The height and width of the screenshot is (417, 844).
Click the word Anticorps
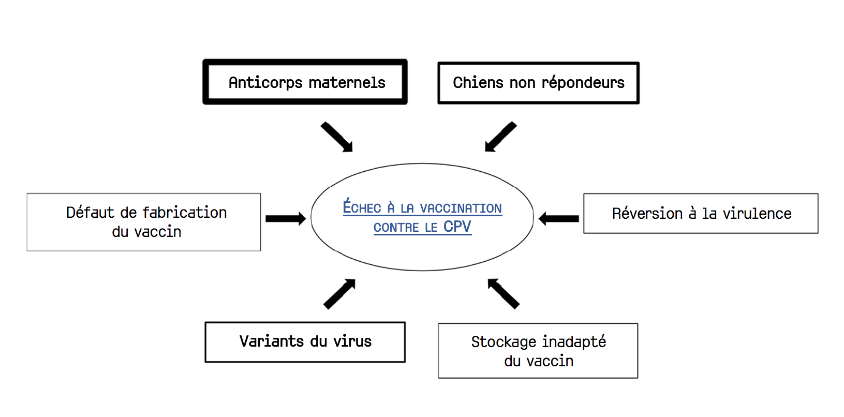(x=265, y=83)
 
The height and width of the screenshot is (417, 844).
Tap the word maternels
(x=347, y=82)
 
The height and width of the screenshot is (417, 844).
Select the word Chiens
(x=478, y=82)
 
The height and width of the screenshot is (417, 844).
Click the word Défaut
(x=90, y=212)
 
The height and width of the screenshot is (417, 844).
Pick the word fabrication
(x=185, y=213)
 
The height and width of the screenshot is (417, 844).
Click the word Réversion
(x=647, y=213)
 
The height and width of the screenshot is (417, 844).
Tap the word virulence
(x=757, y=214)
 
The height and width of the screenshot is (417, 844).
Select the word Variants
(x=272, y=341)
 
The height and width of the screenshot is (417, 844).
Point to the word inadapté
(x=574, y=341)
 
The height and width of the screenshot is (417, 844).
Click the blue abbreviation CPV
(x=457, y=227)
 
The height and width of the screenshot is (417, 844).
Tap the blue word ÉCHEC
(x=362, y=206)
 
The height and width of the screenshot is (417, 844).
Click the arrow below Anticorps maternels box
(x=337, y=137)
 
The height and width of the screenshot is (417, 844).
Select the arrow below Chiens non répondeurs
(x=500, y=137)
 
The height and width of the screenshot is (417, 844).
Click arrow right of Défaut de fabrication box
(x=286, y=218)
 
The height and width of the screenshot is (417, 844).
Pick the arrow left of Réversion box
(x=559, y=218)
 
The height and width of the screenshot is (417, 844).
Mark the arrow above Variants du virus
(x=339, y=294)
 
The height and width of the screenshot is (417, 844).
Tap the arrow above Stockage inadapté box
(x=504, y=294)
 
